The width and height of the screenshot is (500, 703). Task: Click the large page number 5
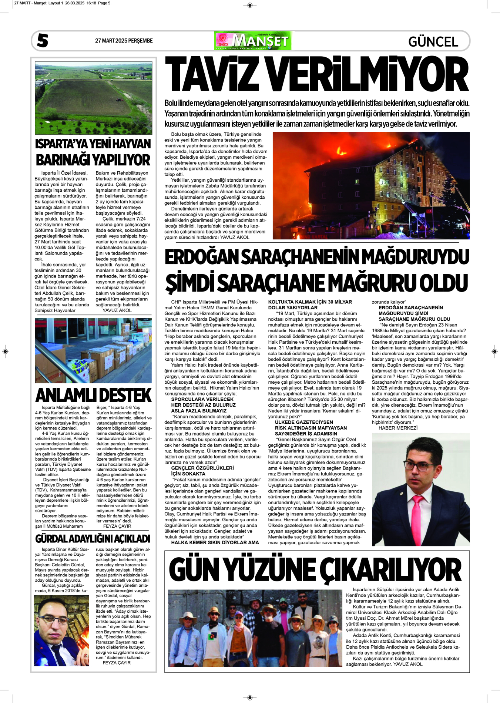tap(43, 41)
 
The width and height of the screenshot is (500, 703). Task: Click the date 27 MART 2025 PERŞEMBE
tap(124, 41)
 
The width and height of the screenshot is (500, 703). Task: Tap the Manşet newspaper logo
tap(253, 41)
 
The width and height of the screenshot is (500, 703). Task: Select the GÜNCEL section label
tap(433, 41)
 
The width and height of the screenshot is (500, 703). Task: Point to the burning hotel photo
tap(371, 185)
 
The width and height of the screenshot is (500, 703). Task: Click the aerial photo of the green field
tap(93, 98)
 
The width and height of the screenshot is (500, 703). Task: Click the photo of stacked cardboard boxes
tap(93, 350)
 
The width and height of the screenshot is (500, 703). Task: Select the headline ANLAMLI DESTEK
tap(93, 395)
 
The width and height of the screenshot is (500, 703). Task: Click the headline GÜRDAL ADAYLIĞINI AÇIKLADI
tap(93, 538)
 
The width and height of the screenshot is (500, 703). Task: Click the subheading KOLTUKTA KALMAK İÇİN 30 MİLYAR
tap(310, 302)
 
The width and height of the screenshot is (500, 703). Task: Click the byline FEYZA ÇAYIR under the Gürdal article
tap(117, 663)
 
